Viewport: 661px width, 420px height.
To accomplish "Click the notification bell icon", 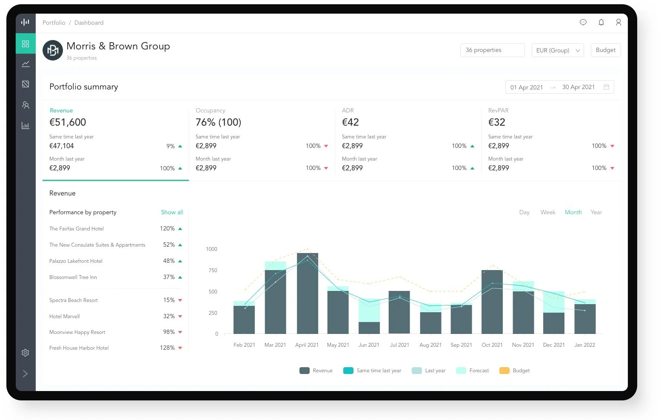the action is point(601,23).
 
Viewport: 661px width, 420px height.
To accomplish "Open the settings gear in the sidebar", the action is point(26,353).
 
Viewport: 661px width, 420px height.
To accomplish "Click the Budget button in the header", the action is point(606,50).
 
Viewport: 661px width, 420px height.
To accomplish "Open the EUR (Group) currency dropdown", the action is point(557,50).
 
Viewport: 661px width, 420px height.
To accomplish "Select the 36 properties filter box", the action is point(492,50).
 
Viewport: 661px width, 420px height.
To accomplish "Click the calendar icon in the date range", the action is point(607,87).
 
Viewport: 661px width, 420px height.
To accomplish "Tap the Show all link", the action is point(172,212).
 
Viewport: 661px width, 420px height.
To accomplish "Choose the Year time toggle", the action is point(596,212).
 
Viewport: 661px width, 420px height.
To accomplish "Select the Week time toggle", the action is point(548,212).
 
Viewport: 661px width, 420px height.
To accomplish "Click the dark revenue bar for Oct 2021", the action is point(492,302).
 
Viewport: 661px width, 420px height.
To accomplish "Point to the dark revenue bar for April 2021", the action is point(307,293).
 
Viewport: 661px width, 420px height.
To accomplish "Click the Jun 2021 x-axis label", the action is point(369,345).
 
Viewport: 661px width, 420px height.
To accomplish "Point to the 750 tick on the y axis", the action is point(213,270).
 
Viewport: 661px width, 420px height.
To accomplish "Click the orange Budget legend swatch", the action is point(504,371).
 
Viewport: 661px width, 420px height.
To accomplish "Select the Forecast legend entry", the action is point(472,371).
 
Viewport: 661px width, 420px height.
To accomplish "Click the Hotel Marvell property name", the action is point(64,316).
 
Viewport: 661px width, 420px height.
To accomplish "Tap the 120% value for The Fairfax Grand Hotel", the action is point(167,228).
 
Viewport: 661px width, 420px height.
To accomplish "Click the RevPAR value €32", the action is point(497,122).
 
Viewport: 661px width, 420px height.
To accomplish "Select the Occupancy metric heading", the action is point(211,110).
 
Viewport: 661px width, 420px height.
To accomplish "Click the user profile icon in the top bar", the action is point(618,23).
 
